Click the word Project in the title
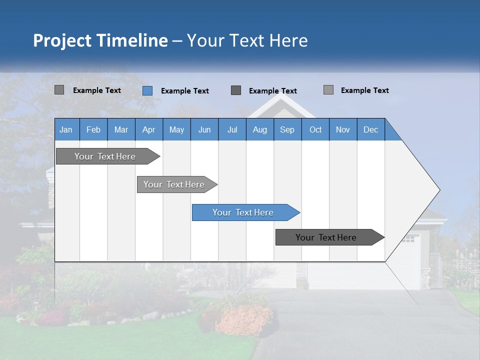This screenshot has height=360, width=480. [x=62, y=40]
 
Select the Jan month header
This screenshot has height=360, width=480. [x=66, y=129]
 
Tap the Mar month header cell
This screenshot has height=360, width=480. [x=121, y=129]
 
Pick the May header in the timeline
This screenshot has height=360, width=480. [x=176, y=129]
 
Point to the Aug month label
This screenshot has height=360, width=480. [x=259, y=129]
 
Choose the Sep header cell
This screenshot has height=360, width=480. [x=287, y=129]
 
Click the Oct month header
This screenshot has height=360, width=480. [x=315, y=129]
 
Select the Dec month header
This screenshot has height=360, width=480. [x=370, y=129]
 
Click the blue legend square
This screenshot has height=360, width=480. [x=147, y=90]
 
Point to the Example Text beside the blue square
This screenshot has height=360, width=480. [x=184, y=91]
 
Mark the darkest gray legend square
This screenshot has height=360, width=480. [x=236, y=90]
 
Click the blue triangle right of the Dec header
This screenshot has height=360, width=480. [x=390, y=133]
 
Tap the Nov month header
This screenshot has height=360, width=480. [x=343, y=129]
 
